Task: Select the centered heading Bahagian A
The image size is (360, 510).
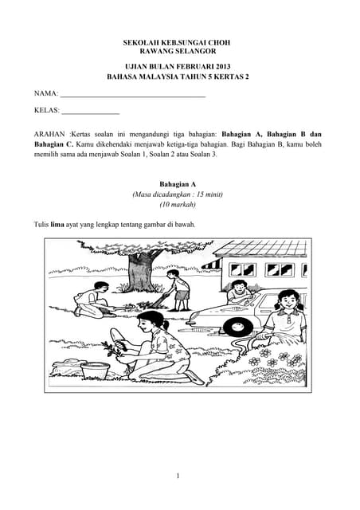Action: point(178,182)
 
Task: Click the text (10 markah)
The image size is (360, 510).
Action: point(178,205)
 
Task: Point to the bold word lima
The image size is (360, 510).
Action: point(57,225)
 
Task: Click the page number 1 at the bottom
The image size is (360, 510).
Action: point(178,476)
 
